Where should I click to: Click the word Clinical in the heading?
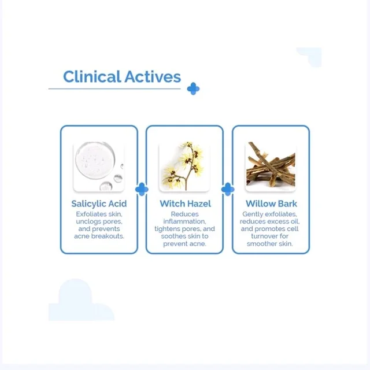tap(92, 76)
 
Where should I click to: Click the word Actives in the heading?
tap(153, 77)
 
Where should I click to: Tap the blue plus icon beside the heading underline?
tap(193, 88)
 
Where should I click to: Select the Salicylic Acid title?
tap(99, 203)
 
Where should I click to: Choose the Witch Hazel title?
tap(185, 203)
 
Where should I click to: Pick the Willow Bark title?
tap(271, 203)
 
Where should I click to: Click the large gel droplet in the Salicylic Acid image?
tap(95, 160)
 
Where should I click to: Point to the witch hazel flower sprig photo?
tap(184, 166)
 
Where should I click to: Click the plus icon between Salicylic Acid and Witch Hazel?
tap(142, 189)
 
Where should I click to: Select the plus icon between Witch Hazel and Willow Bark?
tap(228, 189)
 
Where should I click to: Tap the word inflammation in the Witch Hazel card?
tap(184, 221)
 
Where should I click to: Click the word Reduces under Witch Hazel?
tap(185, 214)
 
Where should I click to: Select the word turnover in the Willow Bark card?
tap(263, 236)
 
